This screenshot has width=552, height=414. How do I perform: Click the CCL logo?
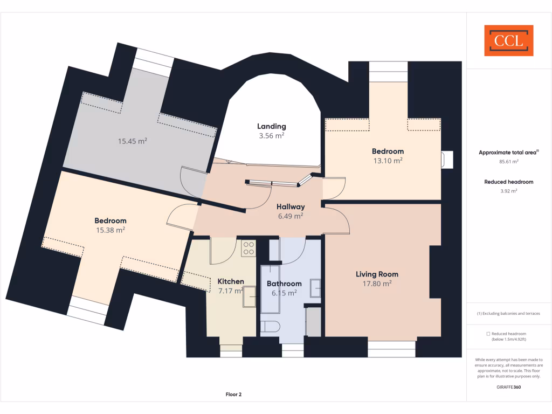pyautogui.click(x=508, y=40)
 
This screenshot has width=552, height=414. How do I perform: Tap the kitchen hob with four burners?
pyautogui.click(x=249, y=249)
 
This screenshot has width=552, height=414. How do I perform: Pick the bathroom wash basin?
pyautogui.click(x=315, y=288)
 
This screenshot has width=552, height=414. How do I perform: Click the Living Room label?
pyautogui.click(x=377, y=274)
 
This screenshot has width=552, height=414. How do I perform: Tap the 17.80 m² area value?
pyautogui.click(x=377, y=284)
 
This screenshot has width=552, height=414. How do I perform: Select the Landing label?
pyautogui.click(x=271, y=127)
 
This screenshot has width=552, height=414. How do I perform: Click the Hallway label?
pyautogui.click(x=291, y=206)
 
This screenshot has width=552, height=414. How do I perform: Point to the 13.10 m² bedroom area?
pyautogui.click(x=388, y=161)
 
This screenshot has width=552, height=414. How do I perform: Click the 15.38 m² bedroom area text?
pyautogui.click(x=110, y=230)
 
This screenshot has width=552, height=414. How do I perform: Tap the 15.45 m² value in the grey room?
pyautogui.click(x=133, y=141)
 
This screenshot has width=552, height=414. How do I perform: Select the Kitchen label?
pyautogui.click(x=231, y=281)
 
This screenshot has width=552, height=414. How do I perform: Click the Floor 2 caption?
pyautogui.click(x=233, y=395)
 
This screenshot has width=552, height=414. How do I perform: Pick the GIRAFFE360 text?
pyautogui.click(x=508, y=387)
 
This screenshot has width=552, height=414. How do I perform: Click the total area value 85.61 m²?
pyautogui.click(x=508, y=161)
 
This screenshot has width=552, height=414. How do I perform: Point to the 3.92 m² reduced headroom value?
pyautogui.click(x=508, y=191)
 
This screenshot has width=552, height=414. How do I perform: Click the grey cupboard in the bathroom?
pyautogui.click(x=313, y=322)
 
